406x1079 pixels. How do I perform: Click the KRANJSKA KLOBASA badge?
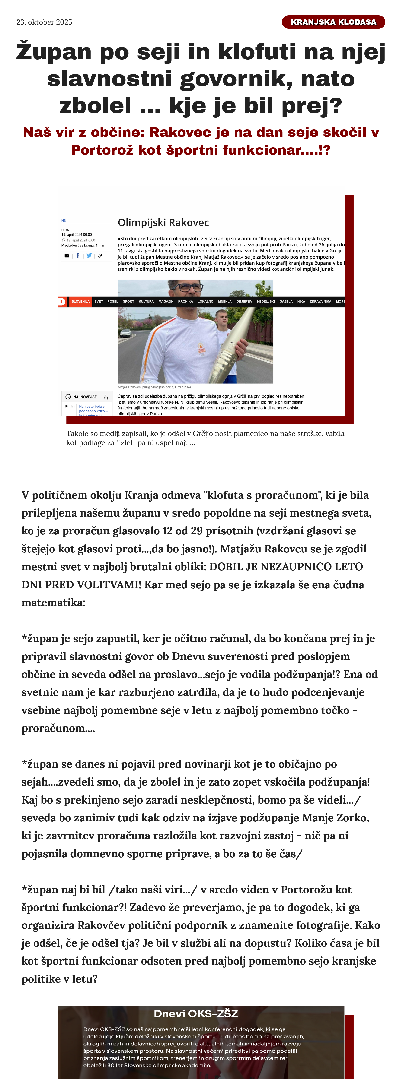pos(333,22)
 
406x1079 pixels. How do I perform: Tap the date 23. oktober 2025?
pos(45,22)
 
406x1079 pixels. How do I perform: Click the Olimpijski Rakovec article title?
pos(163,222)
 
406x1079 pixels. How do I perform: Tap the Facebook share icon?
pos(78,256)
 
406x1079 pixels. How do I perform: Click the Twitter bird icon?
pos(89,256)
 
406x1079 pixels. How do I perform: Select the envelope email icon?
pos(67,256)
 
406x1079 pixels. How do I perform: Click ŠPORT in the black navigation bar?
pos(128,302)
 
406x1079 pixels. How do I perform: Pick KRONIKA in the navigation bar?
pos(185,302)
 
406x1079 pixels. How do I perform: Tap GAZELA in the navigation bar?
pos(286,302)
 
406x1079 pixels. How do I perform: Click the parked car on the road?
pos(125,333)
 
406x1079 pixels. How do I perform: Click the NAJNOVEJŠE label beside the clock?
pos(85,397)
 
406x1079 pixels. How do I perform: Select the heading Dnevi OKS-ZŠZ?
pos(196,1014)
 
